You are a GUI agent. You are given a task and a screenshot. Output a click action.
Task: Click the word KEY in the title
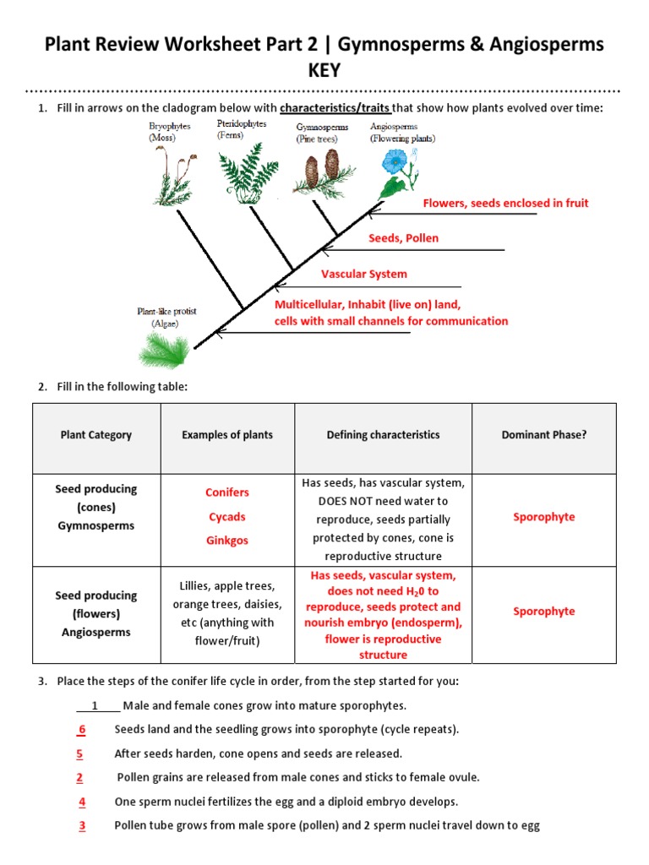point(324,70)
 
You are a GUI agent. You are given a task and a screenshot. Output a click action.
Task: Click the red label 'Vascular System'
point(363,274)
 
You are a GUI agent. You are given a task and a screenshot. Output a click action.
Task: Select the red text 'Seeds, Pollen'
point(403,238)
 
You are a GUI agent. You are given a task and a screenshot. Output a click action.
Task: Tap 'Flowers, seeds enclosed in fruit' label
point(505,203)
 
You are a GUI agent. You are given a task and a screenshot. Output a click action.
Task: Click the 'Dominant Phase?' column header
point(543,435)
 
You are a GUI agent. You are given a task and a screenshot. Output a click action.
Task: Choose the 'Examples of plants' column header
point(227,435)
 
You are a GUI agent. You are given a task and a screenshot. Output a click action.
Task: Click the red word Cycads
point(227,517)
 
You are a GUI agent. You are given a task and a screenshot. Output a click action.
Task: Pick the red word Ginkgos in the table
point(227,541)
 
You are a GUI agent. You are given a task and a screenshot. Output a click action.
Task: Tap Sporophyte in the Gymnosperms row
point(543,517)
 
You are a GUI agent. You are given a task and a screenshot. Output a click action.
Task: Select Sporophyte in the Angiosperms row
point(543,612)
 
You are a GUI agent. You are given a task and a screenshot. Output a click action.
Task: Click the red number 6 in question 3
point(82,729)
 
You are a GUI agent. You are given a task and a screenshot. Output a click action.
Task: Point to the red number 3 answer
point(82,826)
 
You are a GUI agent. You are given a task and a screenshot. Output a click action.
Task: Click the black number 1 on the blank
point(95,705)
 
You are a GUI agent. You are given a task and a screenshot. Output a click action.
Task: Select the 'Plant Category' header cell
point(96,435)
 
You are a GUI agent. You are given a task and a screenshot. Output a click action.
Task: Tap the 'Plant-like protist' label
point(166,312)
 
